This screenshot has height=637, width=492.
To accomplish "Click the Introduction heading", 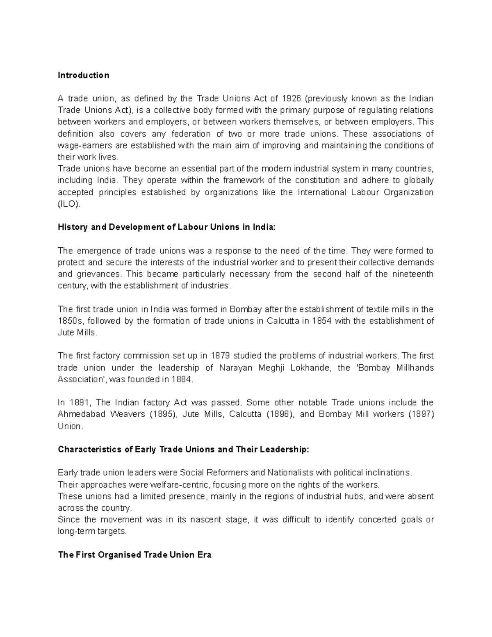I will (83, 75).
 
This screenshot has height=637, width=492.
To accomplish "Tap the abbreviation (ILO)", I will (69, 204).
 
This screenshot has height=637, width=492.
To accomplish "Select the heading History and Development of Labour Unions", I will (167, 227).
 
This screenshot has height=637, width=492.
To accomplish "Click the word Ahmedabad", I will (81, 414).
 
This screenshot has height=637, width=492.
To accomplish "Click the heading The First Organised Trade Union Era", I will (134, 555).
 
